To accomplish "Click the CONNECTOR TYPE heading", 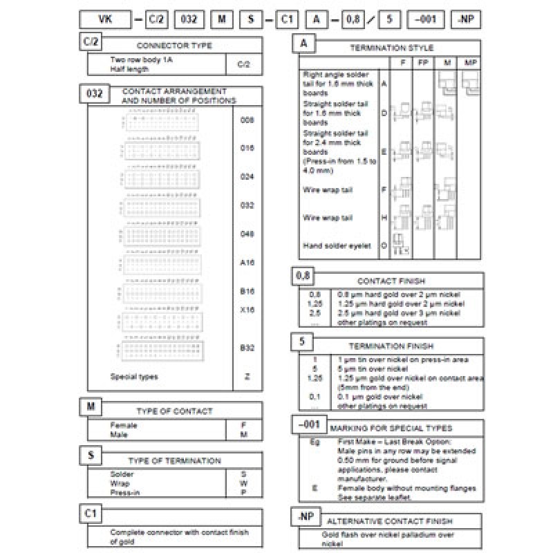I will click(174, 46).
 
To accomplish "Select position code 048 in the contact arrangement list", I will click(247, 234).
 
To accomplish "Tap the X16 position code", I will click(247, 310).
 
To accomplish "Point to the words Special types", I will click(134, 377).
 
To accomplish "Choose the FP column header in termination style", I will click(422, 63).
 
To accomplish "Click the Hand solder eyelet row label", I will click(337, 245).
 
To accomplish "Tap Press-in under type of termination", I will click(124, 493).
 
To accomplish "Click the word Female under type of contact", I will click(124, 425).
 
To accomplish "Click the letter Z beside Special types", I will click(247, 377).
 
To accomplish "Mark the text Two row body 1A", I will click(140, 60).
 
